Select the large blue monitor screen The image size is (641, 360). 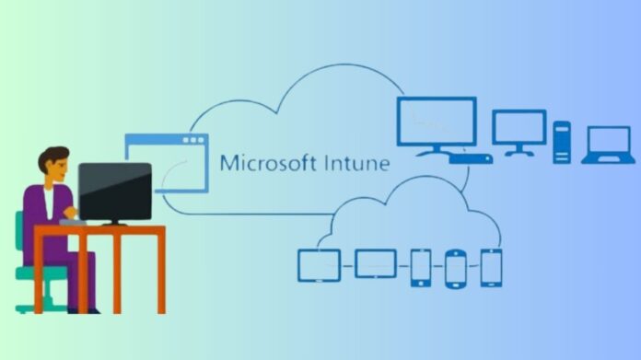(437, 122)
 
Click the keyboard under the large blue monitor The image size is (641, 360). (470, 158)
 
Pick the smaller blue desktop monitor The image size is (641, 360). (519, 127)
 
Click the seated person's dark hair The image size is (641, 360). (53, 154)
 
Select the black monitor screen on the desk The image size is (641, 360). (114, 191)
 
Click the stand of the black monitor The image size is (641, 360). (115, 221)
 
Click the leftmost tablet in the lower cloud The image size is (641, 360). (319, 265)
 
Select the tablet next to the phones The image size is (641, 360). (375, 264)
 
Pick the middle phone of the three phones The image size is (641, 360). (456, 267)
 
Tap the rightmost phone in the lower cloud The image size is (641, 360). (491, 267)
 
